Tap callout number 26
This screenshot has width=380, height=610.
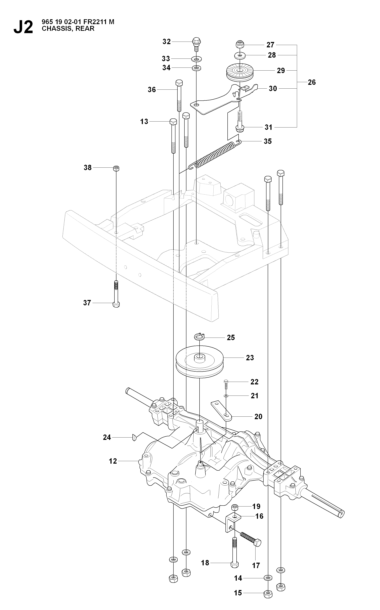(x=312, y=82)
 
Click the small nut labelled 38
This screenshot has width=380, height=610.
(x=116, y=168)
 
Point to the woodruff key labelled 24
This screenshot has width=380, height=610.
(x=134, y=437)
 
